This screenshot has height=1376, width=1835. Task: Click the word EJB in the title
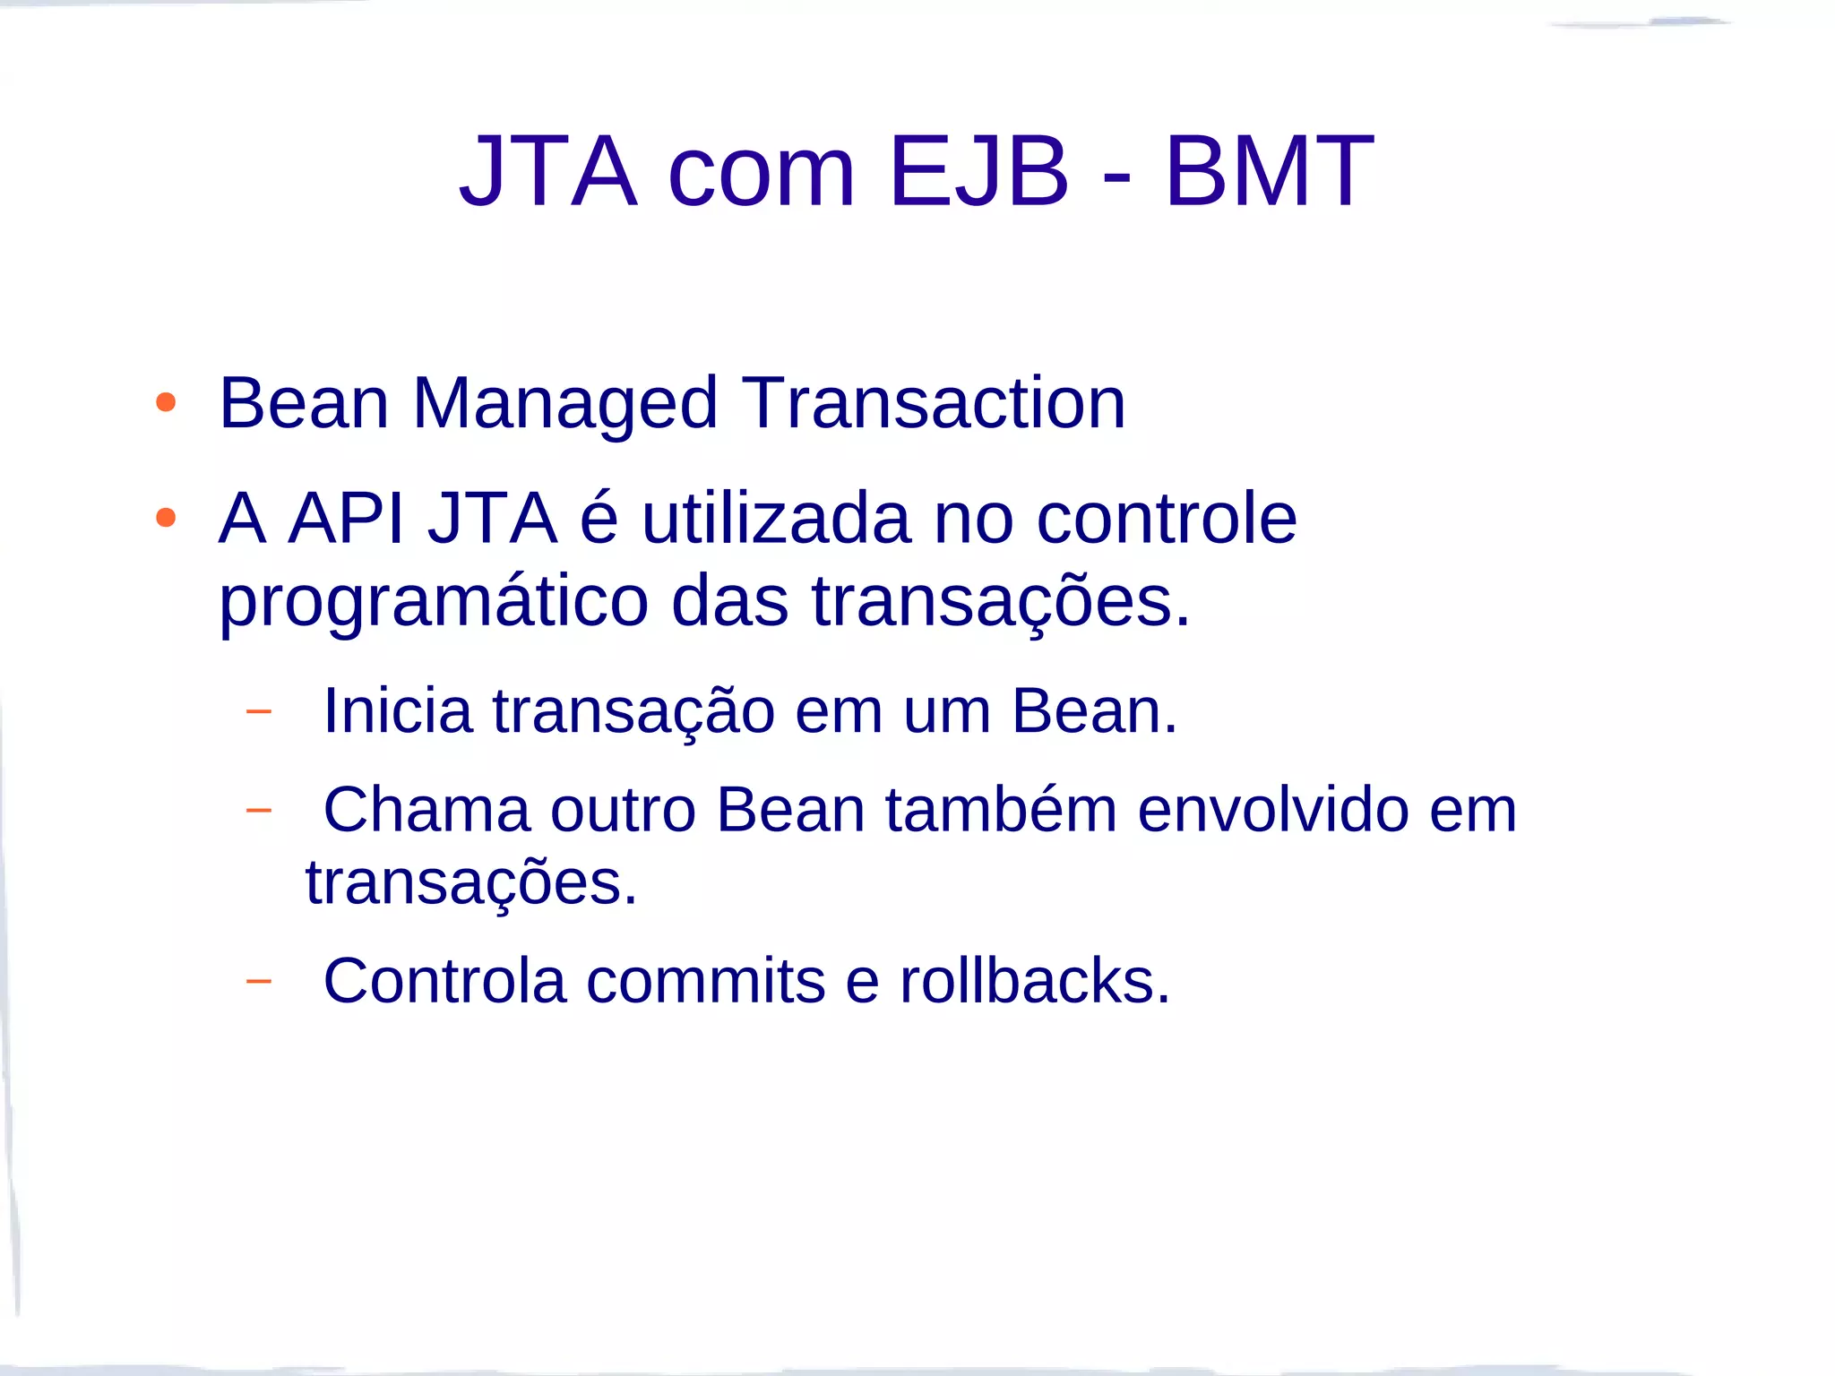point(978,170)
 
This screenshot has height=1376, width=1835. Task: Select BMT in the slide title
point(1269,170)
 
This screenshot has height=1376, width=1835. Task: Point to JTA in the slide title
point(548,170)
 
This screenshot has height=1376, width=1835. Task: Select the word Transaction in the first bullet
point(934,403)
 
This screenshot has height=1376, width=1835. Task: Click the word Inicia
point(397,710)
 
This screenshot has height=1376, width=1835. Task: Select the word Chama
point(426,810)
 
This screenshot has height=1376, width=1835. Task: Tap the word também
point(1002,810)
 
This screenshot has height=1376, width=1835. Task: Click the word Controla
point(444,981)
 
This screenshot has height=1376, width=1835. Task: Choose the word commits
point(705,981)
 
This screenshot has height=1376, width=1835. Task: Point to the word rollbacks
point(1035,981)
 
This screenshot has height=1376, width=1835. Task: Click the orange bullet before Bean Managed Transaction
point(166,402)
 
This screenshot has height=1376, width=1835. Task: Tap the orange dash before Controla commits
point(258,981)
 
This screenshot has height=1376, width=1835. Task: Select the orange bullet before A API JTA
point(166,518)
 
